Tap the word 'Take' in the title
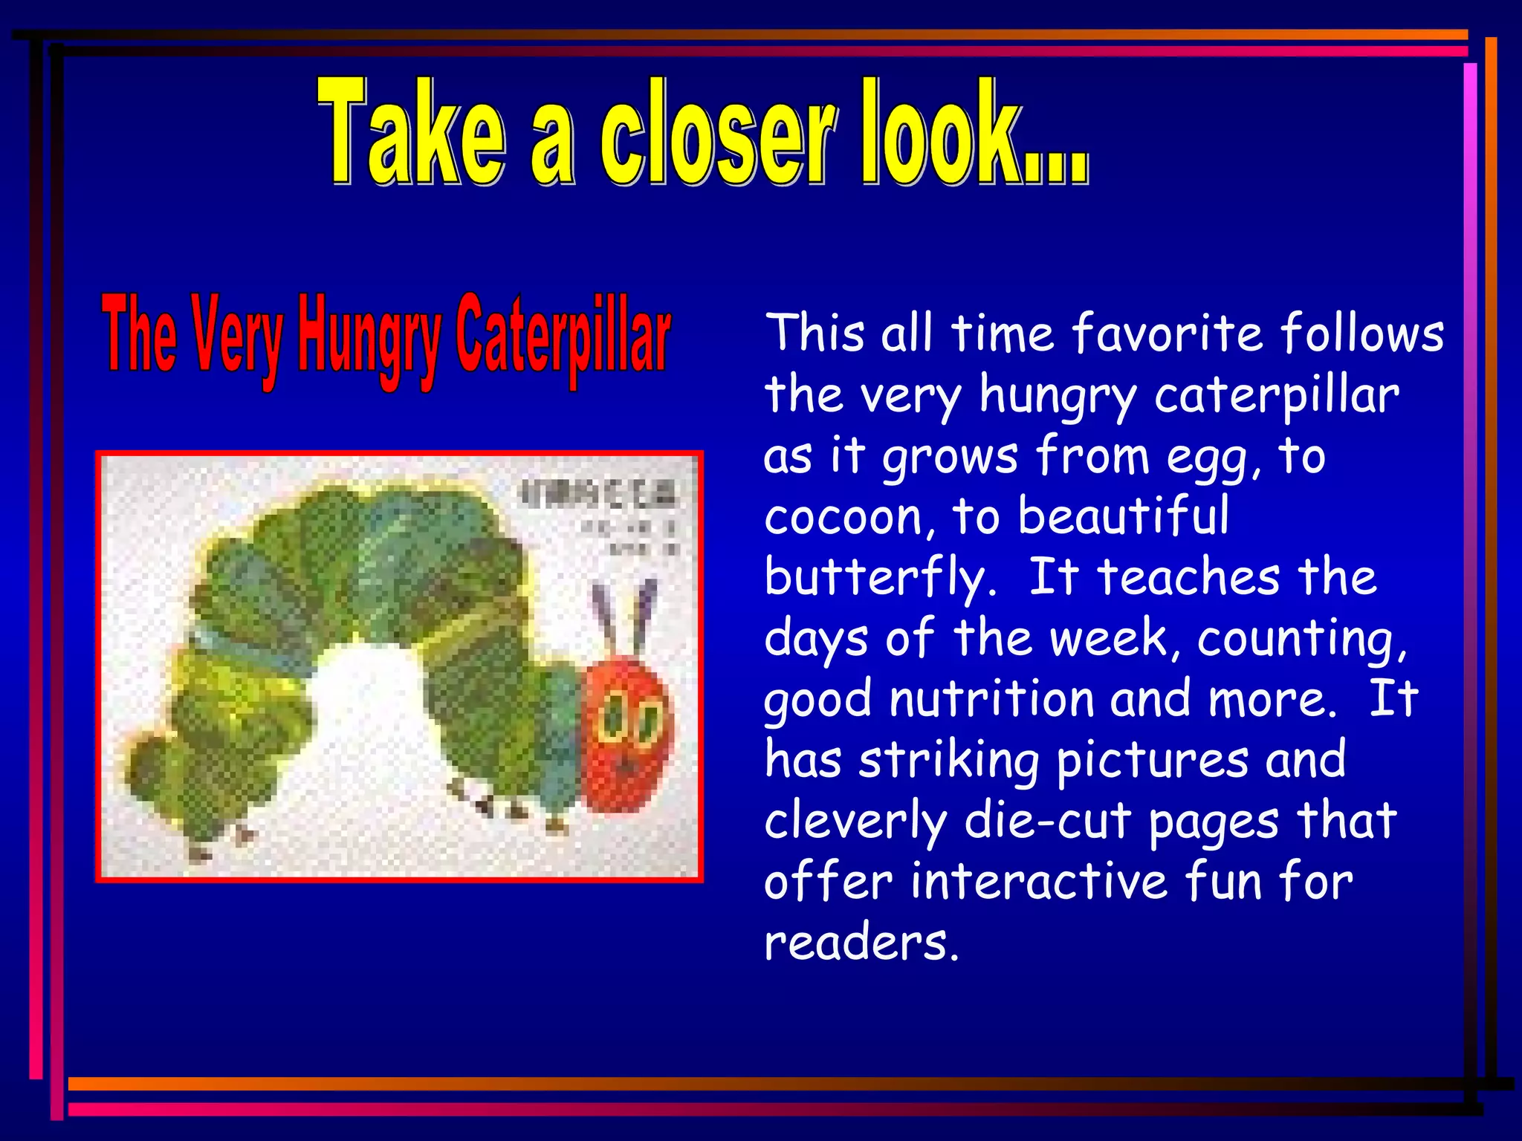(x=412, y=134)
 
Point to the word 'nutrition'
(x=991, y=699)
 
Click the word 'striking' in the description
(x=948, y=761)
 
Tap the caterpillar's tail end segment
(x=152, y=773)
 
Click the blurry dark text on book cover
(x=599, y=494)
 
